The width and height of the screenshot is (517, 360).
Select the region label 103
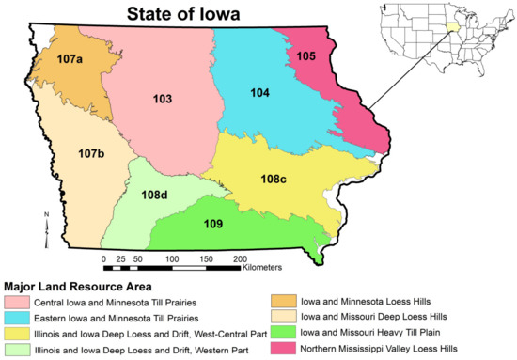[x=164, y=98]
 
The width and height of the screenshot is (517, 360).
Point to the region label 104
[x=260, y=92]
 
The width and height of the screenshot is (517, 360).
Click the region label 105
[x=332, y=55]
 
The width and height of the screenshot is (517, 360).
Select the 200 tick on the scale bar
[x=240, y=258]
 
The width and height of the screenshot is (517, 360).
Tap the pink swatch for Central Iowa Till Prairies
[x=16, y=303]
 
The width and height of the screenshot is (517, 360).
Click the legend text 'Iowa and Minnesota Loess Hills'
[x=365, y=302]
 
